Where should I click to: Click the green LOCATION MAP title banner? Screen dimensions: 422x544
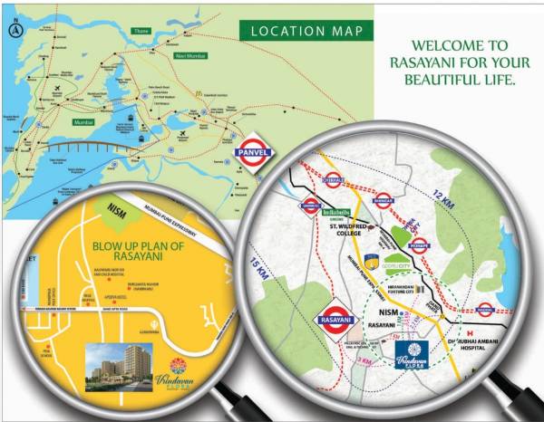tap(306, 32)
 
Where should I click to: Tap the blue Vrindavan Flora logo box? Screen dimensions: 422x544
tap(413, 360)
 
